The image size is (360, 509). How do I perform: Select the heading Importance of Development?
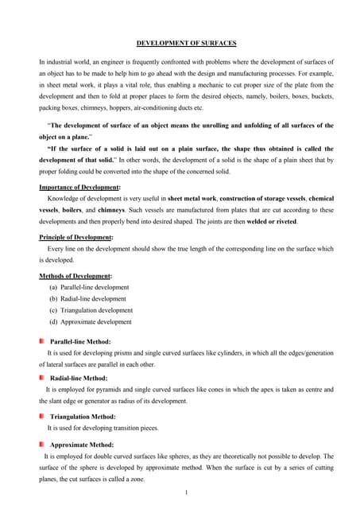click(79, 186)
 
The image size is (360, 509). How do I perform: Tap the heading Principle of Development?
click(75, 237)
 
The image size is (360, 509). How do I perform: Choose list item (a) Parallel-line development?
click(88, 287)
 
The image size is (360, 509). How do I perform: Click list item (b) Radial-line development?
click(87, 299)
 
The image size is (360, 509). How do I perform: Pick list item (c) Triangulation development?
click(91, 310)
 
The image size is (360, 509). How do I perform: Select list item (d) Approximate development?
click(90, 322)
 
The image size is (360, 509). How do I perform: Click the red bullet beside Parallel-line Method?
click(42, 341)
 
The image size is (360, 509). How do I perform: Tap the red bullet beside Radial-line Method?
click(42, 379)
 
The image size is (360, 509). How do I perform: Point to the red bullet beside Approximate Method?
click(42, 445)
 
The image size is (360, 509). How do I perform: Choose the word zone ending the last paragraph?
click(137, 480)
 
